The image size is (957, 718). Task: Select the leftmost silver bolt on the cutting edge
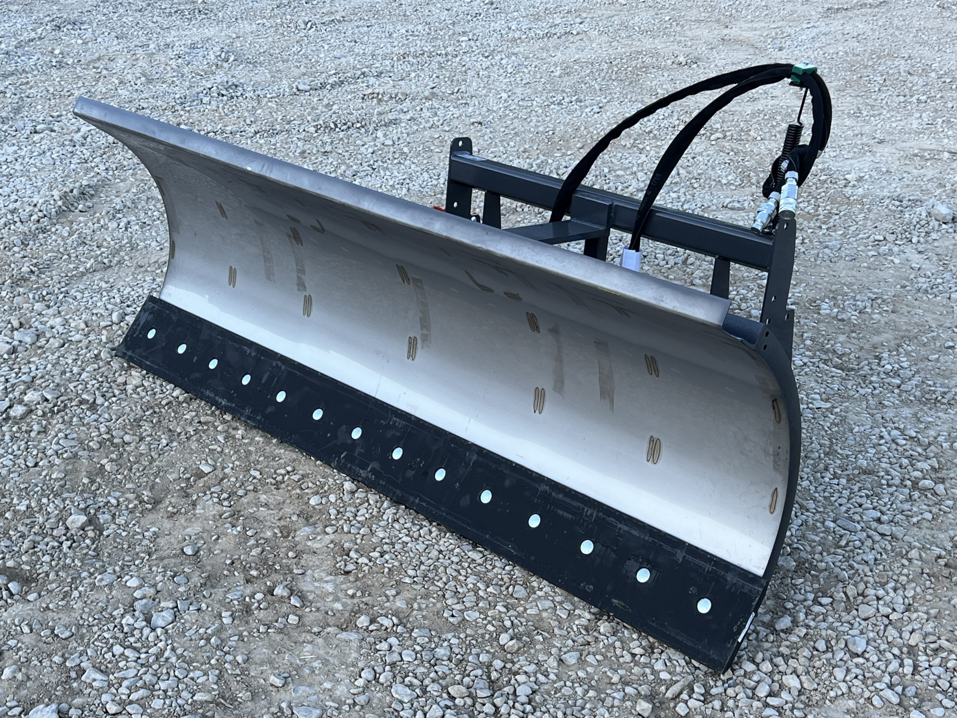(x=151, y=333)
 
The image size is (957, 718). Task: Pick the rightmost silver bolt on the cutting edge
(x=704, y=605)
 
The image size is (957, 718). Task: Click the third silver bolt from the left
(x=212, y=363)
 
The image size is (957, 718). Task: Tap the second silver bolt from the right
(x=643, y=575)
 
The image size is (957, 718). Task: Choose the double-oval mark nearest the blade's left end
(x=233, y=277)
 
